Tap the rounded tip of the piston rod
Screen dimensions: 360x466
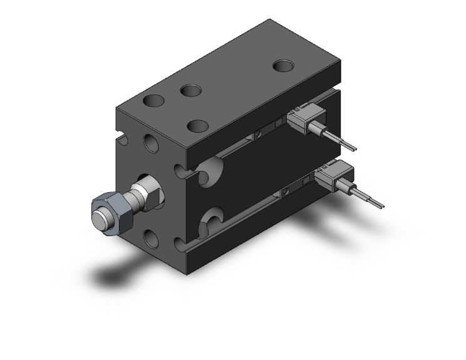(98, 220)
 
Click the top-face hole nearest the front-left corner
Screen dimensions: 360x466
(153, 100)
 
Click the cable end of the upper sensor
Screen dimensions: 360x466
(353, 148)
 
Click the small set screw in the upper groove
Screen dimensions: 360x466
(257, 135)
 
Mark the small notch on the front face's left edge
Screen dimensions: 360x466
(118, 133)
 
